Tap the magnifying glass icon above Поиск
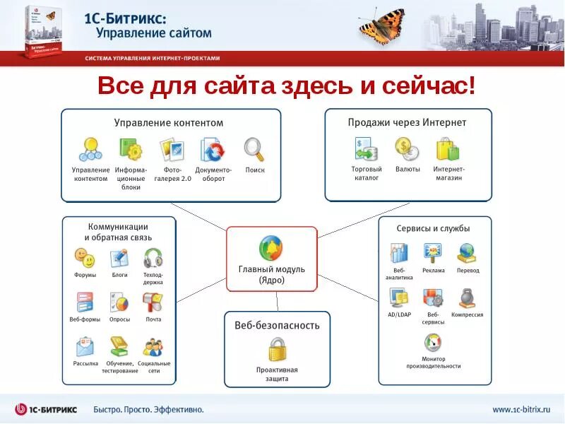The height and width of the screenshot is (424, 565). (254, 149)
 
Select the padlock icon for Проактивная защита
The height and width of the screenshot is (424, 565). (277, 350)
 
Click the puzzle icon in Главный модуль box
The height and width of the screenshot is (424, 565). (271, 249)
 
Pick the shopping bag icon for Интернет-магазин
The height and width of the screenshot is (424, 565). (448, 148)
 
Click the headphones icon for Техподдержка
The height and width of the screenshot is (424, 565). (153, 257)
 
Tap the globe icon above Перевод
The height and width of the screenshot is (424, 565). (467, 253)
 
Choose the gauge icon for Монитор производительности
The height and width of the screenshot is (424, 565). (433, 343)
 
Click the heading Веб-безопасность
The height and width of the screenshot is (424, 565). (277, 325)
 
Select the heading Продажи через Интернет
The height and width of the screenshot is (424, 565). (407, 122)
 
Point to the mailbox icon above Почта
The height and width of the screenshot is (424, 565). (153, 302)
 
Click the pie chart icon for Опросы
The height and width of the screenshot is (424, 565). (119, 302)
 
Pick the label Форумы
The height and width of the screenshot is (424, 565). (85, 275)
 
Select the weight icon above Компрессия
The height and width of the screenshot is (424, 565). (467, 298)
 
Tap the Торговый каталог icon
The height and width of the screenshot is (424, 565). (366, 148)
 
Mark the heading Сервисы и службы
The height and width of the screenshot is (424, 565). (433, 228)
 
